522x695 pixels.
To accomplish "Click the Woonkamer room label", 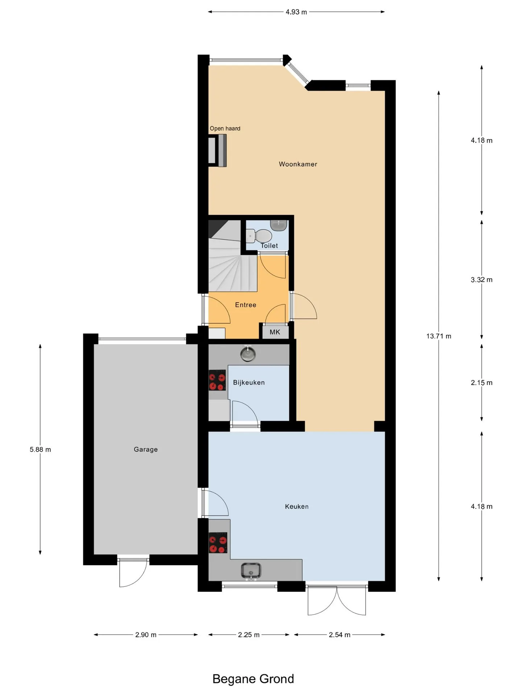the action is coord(298,164).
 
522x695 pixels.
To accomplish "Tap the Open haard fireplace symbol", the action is coord(217,150).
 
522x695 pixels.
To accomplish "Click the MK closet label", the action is coord(275,332).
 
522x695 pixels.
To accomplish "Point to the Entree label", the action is coord(245,305).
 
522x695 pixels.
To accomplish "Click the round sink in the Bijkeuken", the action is coord(248,354).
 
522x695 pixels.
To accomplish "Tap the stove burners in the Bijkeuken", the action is coord(217,380).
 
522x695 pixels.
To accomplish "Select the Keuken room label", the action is coord(297,506).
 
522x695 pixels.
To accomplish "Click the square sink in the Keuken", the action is coord(251,571).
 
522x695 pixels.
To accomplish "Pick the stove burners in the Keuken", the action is coord(218,543).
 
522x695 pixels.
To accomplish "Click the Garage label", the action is coord(146,449).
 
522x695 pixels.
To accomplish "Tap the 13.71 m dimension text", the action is coord(439,336).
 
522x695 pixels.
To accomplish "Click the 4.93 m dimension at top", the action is coord(296,12).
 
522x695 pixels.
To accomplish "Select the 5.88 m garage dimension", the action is coord(40,450).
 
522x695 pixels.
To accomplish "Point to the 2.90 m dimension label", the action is coord(146,635).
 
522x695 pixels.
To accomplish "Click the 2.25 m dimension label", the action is coord(249,635).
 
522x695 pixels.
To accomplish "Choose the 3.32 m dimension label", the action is coord(481,279).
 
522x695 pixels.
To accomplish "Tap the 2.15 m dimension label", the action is coord(481,383).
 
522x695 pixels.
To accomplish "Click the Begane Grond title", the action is coord(253,679).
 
